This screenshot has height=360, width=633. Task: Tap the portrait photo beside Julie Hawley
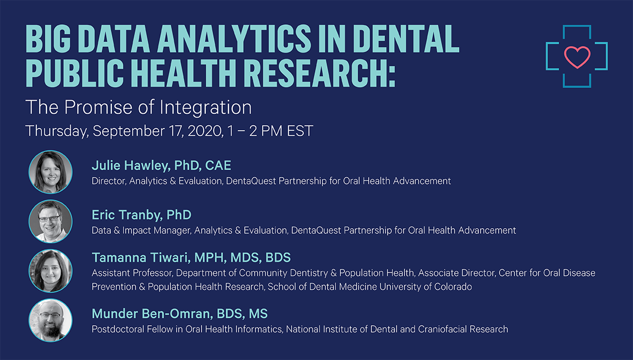click(51, 172)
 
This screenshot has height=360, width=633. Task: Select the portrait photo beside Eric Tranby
click(51, 221)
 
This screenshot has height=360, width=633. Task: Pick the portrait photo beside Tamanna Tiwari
click(51, 271)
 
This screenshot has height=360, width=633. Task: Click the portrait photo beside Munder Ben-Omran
click(51, 320)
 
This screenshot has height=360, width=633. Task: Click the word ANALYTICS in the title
click(234, 38)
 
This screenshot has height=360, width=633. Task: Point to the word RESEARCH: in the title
click(319, 73)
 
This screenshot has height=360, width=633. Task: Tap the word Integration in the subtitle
click(205, 108)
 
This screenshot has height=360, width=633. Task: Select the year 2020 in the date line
click(205, 131)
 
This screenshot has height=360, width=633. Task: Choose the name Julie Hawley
click(131, 166)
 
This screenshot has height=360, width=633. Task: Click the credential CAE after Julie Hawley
click(218, 166)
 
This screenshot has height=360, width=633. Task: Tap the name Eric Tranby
click(127, 215)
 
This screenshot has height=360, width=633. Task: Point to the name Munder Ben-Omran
click(152, 314)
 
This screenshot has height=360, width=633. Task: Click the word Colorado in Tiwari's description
click(453, 287)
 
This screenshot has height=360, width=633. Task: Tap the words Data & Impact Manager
click(141, 231)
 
